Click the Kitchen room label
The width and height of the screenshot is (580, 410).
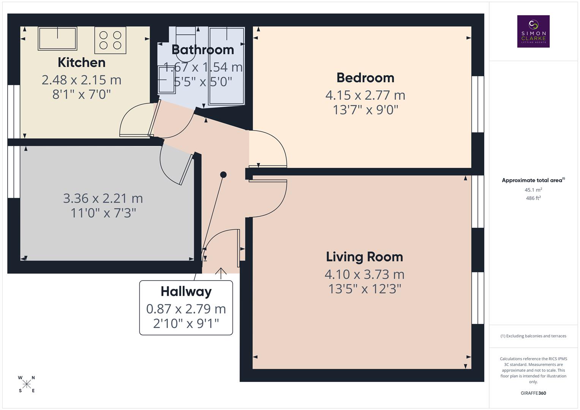81,63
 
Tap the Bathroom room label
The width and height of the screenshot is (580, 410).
202,50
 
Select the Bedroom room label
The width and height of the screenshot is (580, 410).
365,78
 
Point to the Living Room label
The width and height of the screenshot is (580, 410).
364,257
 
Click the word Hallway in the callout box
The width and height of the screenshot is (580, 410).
186,292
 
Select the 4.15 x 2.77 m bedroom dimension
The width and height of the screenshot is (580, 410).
365,95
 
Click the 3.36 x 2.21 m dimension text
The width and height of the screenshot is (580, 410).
103,198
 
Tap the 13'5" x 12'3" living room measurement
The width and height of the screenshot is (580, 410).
365,289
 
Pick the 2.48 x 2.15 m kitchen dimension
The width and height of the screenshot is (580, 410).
81,80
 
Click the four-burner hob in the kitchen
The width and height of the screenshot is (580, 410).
110,40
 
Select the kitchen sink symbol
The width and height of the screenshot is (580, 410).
57,38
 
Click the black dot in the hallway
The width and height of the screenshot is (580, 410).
223,175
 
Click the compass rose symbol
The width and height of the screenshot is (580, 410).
27,384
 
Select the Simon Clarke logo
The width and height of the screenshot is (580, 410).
533,32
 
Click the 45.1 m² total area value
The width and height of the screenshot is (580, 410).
533,190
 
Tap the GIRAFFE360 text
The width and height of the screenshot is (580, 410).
533,393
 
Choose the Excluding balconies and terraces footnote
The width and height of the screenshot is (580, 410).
533,336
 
